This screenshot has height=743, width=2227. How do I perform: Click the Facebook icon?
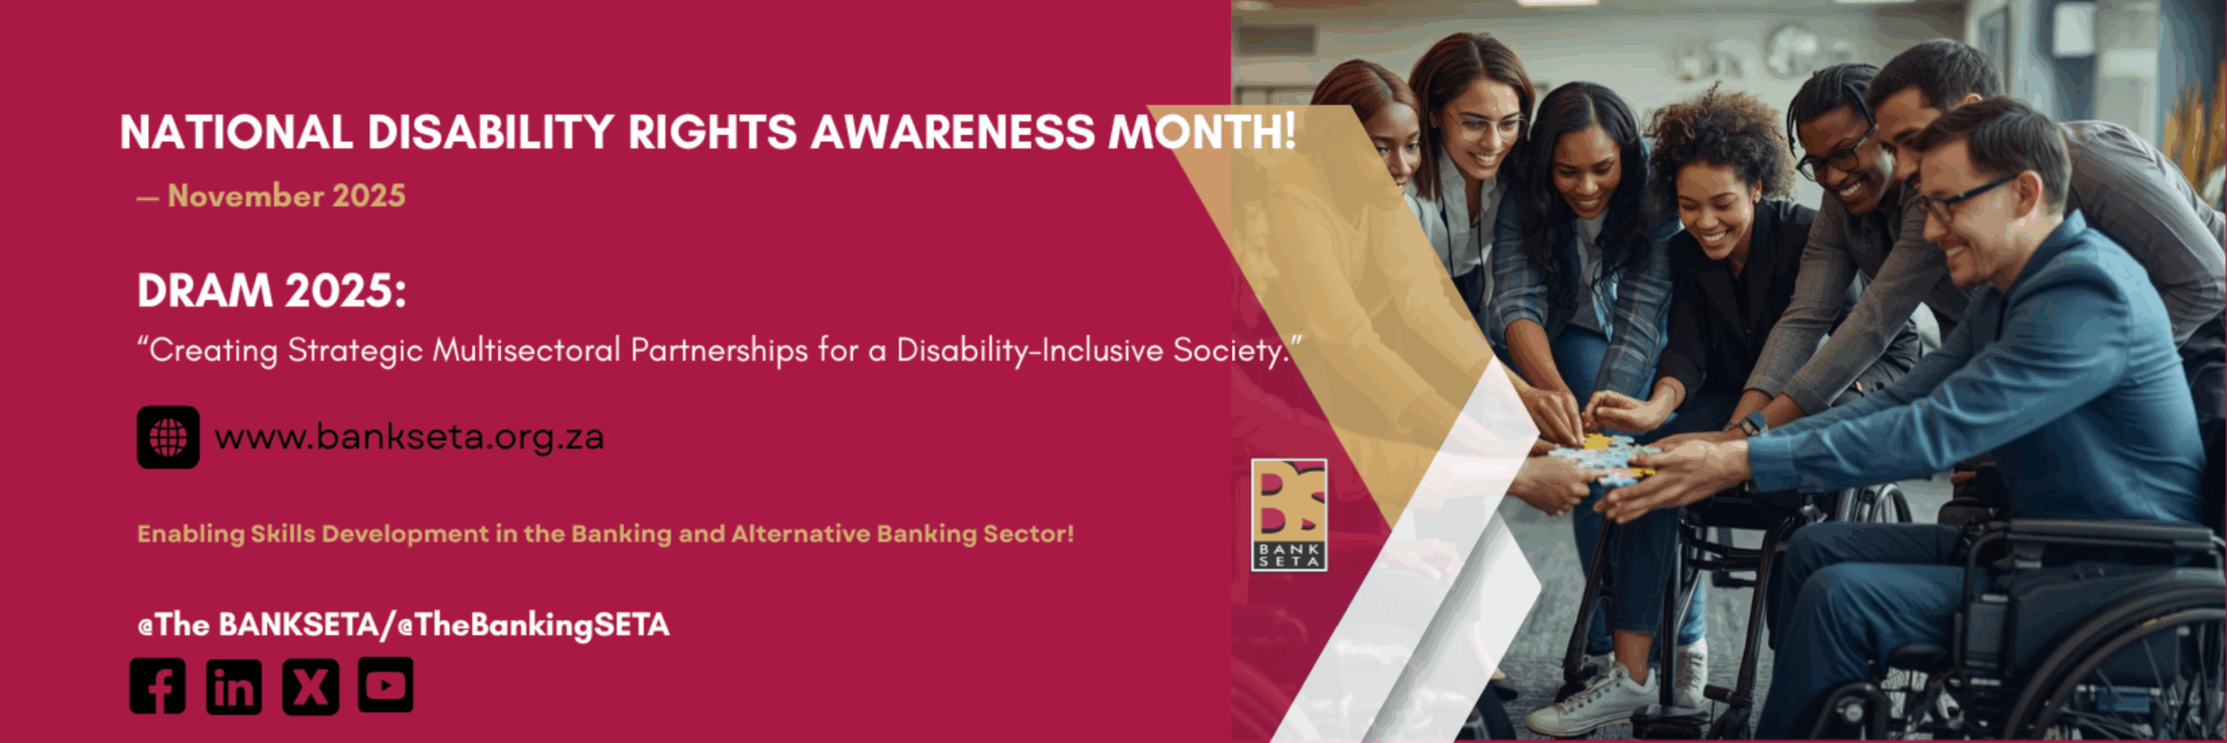point(157,686)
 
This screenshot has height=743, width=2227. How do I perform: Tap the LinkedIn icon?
point(234,686)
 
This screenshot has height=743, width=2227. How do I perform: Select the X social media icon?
point(311,686)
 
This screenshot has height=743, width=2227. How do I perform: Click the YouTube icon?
point(386,685)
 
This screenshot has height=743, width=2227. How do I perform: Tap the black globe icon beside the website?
point(168,437)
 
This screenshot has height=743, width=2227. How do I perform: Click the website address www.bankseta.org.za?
point(409,437)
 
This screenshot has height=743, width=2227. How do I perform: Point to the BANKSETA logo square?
point(1289,515)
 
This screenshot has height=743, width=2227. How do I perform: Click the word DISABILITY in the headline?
point(491,132)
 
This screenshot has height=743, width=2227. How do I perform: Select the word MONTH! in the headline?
point(1201,132)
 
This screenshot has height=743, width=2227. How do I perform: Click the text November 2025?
point(286,196)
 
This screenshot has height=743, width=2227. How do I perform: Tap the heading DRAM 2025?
point(271,291)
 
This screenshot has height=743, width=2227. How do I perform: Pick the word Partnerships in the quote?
point(719,351)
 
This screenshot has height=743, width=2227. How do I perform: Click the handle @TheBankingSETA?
point(533,625)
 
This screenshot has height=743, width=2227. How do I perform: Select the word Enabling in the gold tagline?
point(191,534)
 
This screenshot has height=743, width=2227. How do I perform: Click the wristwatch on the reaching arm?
point(1751,425)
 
